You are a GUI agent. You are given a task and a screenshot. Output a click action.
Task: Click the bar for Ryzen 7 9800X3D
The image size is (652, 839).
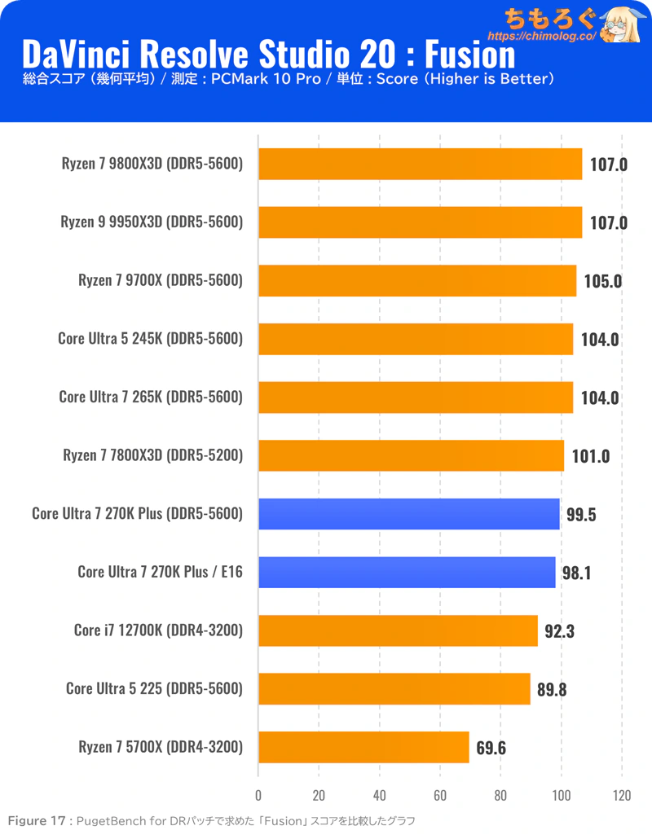(x=420, y=164)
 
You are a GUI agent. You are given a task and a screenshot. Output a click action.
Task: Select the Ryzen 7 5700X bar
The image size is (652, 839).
(x=363, y=747)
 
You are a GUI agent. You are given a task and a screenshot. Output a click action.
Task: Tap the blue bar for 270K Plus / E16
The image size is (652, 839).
(x=407, y=573)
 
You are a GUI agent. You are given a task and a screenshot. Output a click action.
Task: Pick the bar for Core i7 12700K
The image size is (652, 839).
(x=398, y=630)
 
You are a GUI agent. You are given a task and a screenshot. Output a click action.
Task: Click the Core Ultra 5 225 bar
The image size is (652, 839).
(x=394, y=689)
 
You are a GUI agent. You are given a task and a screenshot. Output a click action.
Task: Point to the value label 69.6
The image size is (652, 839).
(x=491, y=748)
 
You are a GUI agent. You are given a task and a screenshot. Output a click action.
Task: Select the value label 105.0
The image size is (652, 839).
(x=603, y=281)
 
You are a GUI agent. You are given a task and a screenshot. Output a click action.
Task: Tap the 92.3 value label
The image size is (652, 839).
(x=560, y=630)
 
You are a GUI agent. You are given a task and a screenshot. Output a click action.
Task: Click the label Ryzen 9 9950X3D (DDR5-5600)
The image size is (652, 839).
(x=152, y=222)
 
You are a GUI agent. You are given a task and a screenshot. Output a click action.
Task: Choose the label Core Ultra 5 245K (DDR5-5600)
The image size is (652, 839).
(x=151, y=339)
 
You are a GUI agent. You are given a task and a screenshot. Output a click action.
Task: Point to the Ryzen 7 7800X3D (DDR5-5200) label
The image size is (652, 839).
(x=153, y=455)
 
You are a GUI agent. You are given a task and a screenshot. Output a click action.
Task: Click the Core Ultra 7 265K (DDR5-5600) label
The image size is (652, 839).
(x=151, y=398)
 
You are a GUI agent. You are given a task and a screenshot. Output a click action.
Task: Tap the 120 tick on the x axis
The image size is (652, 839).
(x=621, y=795)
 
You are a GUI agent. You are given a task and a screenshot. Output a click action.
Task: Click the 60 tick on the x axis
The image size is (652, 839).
(x=440, y=795)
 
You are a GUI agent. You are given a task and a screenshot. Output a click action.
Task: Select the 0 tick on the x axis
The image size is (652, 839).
(x=258, y=795)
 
